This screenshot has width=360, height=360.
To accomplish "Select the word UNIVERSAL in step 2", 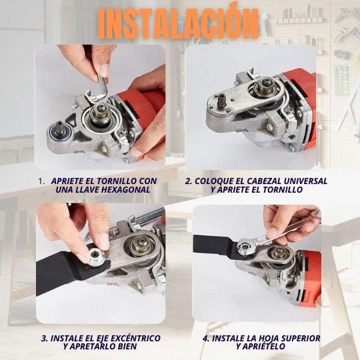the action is coord(305,181).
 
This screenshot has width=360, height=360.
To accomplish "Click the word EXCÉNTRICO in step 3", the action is coord(135,338).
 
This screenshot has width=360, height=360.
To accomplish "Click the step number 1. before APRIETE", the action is coord(42,181).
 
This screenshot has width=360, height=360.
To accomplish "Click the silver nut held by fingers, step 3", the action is coord(96,255).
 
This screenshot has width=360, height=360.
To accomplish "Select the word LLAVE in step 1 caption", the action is coord(76,189).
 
